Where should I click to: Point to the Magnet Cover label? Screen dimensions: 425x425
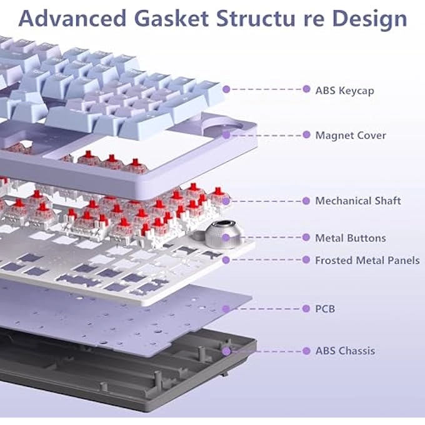click(351, 135)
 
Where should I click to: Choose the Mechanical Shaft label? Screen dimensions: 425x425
click(358, 201)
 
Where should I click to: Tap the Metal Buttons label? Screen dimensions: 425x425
click(351, 237)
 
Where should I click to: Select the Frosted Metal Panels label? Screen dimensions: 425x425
click(367, 260)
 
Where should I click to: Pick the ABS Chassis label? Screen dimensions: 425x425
click(345, 351)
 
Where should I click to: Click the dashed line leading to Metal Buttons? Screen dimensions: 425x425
click(269, 237)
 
